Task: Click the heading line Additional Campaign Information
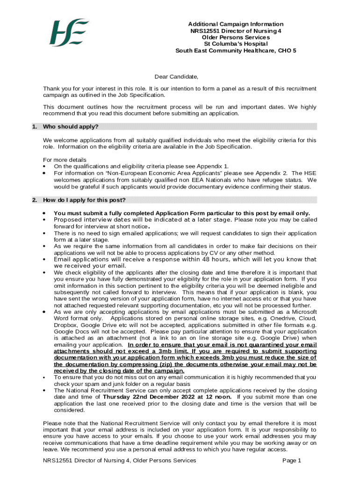pyautogui.click(x=236, y=24)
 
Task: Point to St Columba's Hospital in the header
pyautogui.click(x=236, y=44)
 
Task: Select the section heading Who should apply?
pyautogui.click(x=71, y=127)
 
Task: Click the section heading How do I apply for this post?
pyautogui.click(x=84, y=200)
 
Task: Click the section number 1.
pyautogui.click(x=34, y=127)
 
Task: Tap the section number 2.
pyautogui.click(x=34, y=200)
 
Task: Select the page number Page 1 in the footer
pyautogui.click(x=292, y=461)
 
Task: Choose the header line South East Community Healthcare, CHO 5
pyautogui.click(x=236, y=51)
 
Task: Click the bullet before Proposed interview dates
pyautogui.click(x=44, y=220)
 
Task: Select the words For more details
pyautogui.click(x=65, y=160)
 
